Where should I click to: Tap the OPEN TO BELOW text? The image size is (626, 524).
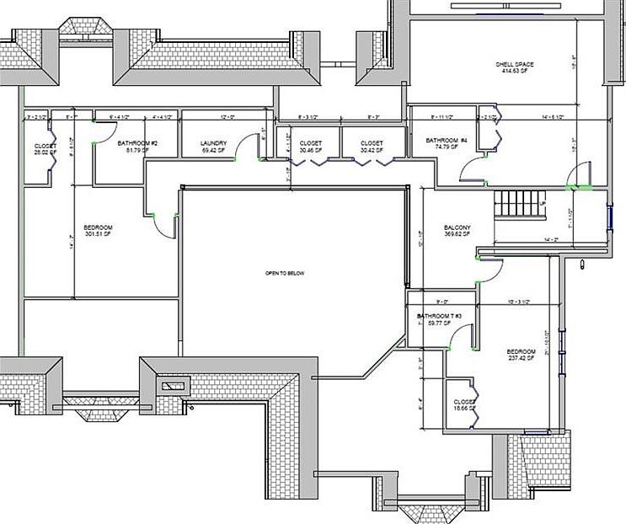[285, 274]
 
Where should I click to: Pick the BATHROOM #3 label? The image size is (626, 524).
[437, 317]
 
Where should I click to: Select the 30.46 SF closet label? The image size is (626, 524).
[311, 147]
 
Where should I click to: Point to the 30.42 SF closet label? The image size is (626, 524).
[372, 147]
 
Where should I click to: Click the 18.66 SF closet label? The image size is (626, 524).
[464, 405]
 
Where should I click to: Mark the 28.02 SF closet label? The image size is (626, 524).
[45, 150]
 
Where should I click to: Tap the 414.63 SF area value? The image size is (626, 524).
[514, 72]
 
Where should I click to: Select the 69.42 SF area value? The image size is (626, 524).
[215, 152]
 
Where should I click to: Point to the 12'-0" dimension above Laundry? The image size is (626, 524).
[227, 118]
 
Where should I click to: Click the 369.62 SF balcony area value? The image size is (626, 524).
[457, 236]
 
